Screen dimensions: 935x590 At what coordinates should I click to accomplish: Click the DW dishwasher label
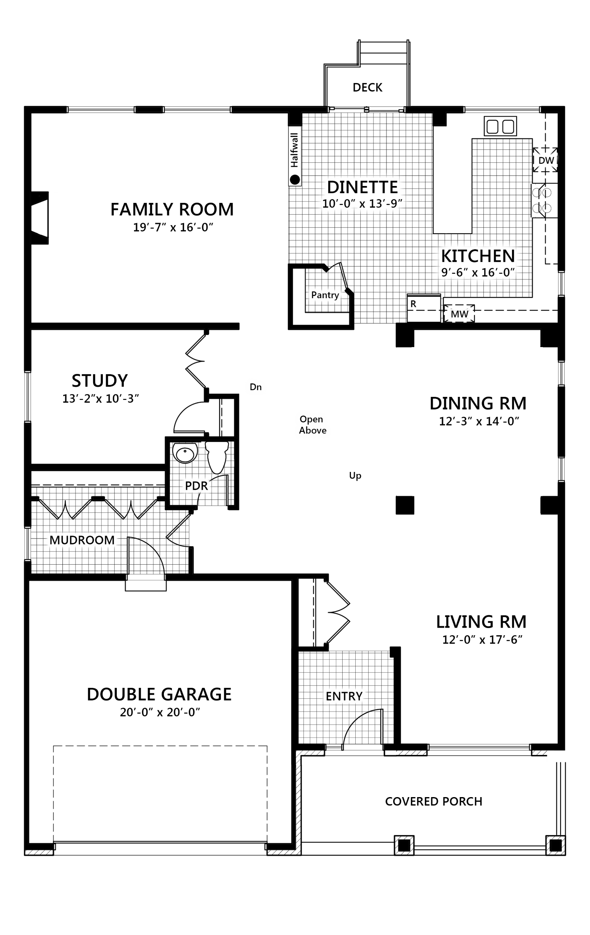pos(546,161)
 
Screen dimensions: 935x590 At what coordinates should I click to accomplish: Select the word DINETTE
pos(362,187)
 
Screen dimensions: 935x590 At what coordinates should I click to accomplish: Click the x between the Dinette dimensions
pos(362,205)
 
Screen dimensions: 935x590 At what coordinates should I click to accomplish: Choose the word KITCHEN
pos(478,256)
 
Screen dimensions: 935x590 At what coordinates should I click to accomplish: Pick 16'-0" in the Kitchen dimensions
pos(499,272)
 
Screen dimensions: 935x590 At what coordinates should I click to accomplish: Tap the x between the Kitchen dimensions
pos(475,273)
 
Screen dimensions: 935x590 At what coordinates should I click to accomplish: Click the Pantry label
pos(325,295)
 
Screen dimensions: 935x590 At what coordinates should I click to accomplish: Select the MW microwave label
pos(459,314)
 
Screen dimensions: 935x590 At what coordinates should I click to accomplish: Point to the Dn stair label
pos(255,387)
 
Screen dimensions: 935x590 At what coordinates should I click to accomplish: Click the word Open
pos(311,419)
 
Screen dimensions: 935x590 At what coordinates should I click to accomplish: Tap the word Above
pos(313,431)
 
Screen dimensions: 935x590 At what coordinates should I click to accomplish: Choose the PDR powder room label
pos(196,486)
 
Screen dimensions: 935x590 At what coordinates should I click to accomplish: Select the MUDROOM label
pos(82,540)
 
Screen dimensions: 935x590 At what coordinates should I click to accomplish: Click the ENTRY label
pos(344,696)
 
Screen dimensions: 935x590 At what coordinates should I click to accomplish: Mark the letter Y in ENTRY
pos(359,696)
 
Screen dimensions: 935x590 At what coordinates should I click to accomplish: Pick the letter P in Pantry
pos(314,295)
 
